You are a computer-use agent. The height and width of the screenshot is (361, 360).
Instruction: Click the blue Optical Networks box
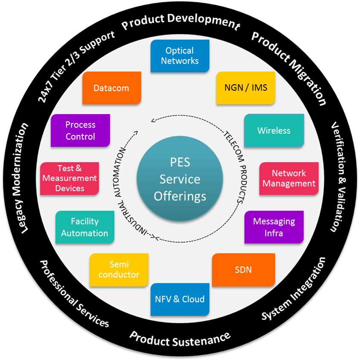click(180, 56)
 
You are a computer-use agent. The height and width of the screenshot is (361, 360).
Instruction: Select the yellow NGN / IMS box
click(246, 88)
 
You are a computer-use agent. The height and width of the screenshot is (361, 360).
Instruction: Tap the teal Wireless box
click(274, 131)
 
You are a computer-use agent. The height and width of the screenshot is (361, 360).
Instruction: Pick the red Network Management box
click(289, 179)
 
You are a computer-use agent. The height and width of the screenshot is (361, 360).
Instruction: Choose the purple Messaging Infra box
click(274, 227)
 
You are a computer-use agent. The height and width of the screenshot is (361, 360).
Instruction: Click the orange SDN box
click(243, 270)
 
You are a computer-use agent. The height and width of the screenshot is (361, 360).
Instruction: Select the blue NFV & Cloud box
click(180, 299)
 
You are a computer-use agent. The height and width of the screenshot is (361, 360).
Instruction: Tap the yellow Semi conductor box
click(119, 270)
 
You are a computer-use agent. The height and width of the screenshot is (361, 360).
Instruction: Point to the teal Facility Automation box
click(85, 227)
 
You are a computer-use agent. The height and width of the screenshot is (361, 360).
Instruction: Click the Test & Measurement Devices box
click(70, 178)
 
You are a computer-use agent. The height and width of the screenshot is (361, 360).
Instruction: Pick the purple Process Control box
click(80, 131)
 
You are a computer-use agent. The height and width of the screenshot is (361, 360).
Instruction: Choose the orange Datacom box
click(111, 88)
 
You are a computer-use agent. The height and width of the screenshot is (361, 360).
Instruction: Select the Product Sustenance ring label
click(180, 338)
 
